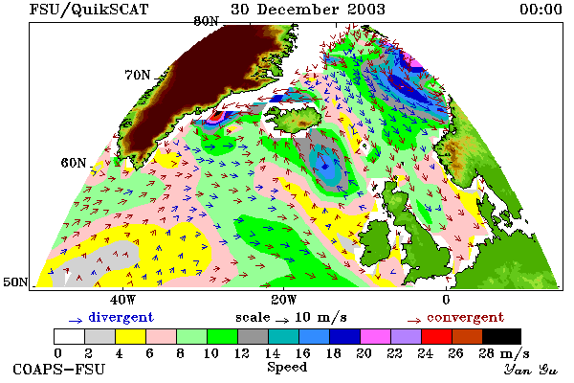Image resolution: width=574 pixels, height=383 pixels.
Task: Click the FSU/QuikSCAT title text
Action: pos(89,10)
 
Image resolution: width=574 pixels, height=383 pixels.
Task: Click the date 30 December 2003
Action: pos(308,10)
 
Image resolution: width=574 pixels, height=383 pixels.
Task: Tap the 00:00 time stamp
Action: pos(541,10)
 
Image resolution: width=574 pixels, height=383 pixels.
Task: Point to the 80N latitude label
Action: pos(206,21)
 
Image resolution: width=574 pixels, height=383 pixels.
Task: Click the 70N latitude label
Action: pos(138,75)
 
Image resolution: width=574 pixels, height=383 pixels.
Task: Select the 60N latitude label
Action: pos(74,163)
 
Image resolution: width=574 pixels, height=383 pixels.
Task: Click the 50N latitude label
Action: pos(15,282)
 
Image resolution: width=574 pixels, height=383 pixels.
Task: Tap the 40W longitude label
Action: pos(122,300)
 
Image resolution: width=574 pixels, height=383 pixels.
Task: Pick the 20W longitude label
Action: pos(284,300)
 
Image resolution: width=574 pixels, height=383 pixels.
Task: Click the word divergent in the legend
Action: pos(121,317)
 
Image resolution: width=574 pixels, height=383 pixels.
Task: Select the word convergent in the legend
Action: pos(465,317)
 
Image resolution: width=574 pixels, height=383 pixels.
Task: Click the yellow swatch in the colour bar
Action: pos(130,336)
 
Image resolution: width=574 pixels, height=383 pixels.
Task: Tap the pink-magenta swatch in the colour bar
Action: pos(375,336)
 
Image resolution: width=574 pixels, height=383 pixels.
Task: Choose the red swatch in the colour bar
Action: pos(436,336)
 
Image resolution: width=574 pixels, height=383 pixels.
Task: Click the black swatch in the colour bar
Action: pos(501,336)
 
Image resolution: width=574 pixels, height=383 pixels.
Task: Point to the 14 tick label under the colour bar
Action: pos(272,353)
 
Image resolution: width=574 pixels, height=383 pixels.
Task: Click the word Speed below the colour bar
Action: pos(287,367)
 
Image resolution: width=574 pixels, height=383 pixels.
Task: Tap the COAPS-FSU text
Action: pos(59,370)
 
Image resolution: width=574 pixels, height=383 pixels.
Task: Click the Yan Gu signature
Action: pos(531,370)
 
